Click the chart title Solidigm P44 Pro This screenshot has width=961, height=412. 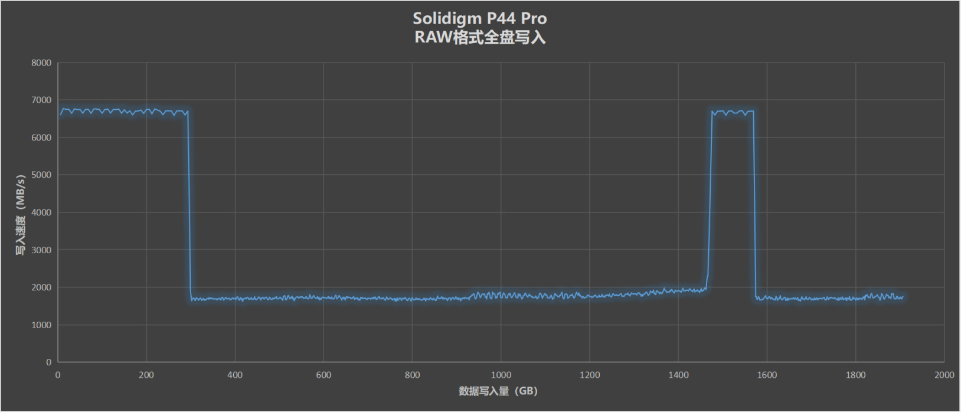[x=480, y=18]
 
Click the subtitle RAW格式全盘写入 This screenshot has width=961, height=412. [x=480, y=37]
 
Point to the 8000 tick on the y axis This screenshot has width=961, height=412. [x=41, y=63]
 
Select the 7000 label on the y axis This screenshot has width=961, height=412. [x=41, y=100]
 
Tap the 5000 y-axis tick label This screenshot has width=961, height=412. [x=41, y=175]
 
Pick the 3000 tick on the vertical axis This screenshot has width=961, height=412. [x=41, y=250]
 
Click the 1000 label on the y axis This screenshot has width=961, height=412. [x=41, y=325]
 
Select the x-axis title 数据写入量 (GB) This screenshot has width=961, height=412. [x=498, y=391]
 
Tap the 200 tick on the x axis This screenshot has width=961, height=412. [x=146, y=375]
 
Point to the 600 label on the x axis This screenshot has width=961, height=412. [x=323, y=375]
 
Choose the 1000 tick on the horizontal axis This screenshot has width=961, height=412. [x=501, y=375]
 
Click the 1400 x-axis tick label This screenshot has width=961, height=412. [x=678, y=375]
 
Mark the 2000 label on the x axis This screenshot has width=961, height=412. [x=944, y=375]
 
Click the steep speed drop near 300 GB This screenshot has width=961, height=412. [x=189, y=207]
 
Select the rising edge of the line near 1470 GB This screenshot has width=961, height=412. [x=710, y=201]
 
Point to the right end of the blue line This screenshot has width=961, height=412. [x=903, y=297]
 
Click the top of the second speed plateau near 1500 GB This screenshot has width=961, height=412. [x=732, y=112]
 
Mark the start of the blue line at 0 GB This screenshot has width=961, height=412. [x=59, y=113]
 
